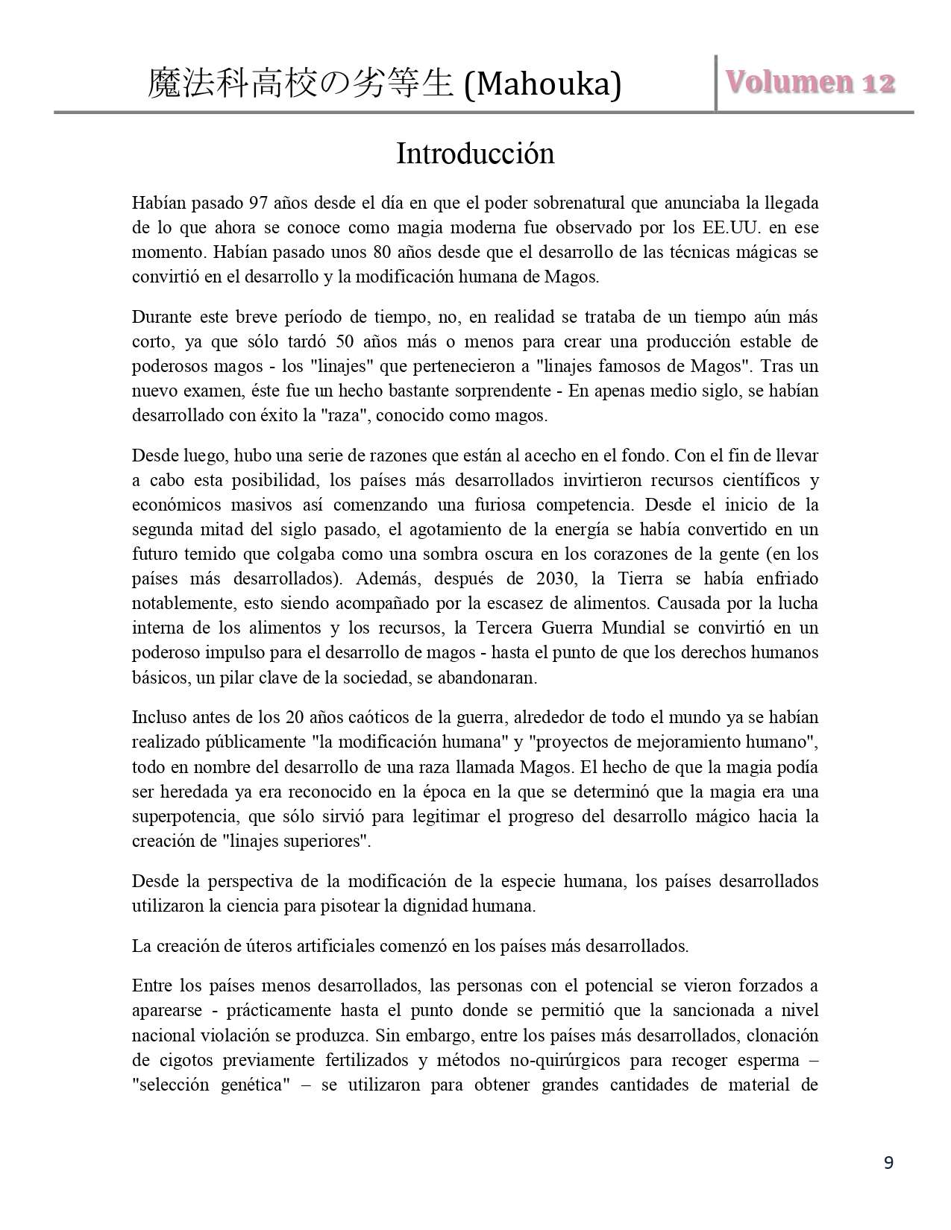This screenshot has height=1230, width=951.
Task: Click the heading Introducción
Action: coord(475,154)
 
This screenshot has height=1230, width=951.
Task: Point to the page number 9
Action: coord(888,1162)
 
